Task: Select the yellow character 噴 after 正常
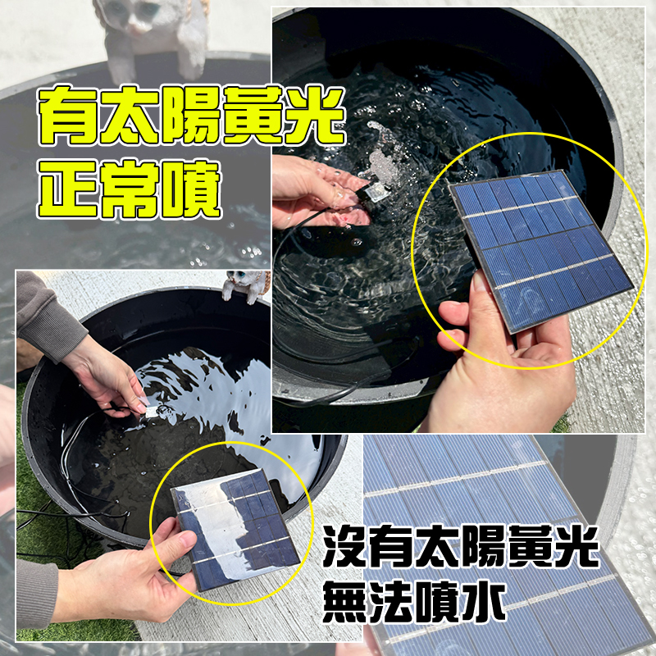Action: (x=191, y=189)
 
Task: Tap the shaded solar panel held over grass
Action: (x=235, y=530)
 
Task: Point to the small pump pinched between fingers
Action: (x=156, y=411)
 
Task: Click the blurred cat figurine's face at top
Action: (x=136, y=16)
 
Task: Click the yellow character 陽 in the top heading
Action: (x=191, y=116)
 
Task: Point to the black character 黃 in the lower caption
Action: (x=528, y=545)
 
